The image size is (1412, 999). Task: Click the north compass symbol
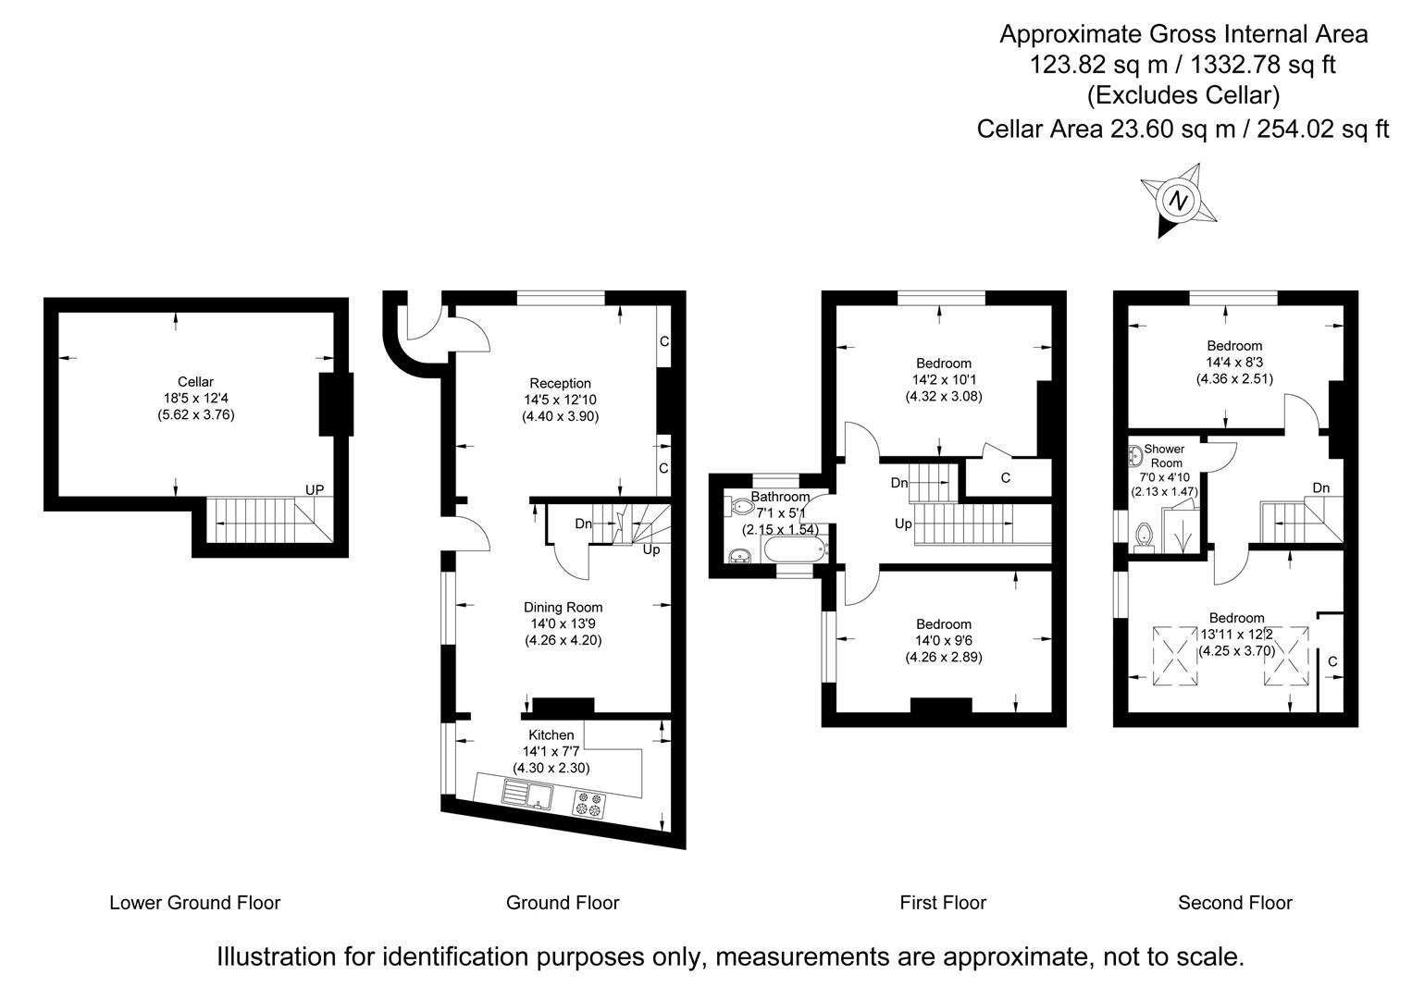coord(1178,200)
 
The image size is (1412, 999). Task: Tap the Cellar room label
coord(195,381)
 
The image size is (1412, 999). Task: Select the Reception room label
coord(560,383)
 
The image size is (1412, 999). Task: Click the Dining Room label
coord(563,607)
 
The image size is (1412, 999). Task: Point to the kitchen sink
coord(526,795)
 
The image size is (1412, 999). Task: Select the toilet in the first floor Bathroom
coord(741,507)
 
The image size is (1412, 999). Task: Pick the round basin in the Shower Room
coord(1133,455)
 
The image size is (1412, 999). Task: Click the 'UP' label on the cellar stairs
coord(315,489)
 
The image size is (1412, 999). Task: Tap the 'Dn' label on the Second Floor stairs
coord(1320,487)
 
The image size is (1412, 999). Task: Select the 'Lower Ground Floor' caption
coord(194,902)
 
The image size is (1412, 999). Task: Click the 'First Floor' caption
coord(943,902)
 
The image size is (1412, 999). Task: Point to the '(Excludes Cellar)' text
coord(1183,95)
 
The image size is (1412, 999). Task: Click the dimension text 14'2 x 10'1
coord(943,379)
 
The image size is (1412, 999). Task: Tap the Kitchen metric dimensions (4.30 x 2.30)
coord(551,768)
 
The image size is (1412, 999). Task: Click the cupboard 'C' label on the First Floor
coord(1005,478)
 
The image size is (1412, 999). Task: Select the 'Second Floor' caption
coord(1234,902)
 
